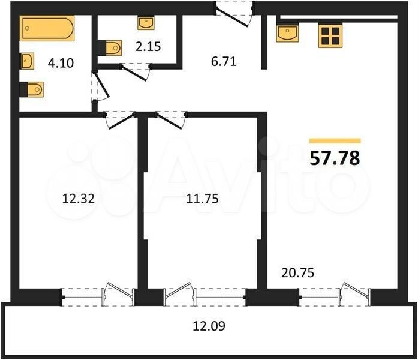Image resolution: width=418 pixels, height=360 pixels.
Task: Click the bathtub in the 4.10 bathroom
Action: pyautogui.click(x=47, y=28)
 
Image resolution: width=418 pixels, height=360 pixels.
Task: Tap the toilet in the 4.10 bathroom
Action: pyautogui.click(x=32, y=89)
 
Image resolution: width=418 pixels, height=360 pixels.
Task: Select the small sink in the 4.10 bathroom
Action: pyautogui.click(x=27, y=61)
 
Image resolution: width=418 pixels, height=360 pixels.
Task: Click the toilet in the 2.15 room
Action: pyautogui.click(x=110, y=48)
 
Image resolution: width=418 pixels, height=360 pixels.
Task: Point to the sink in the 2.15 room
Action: pyautogui.click(x=146, y=23)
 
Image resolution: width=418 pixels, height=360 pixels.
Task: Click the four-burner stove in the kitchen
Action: pyautogui.click(x=330, y=36)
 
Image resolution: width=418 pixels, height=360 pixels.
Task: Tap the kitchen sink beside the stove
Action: pyautogui.click(x=287, y=34)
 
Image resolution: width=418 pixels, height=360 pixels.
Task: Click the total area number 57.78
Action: pyautogui.click(x=335, y=158)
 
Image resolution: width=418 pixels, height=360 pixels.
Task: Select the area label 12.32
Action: pyautogui.click(x=79, y=199)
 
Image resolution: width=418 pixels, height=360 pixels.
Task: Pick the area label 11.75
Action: pyautogui.click(x=202, y=199)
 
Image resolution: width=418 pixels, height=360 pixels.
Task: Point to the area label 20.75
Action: pyautogui.click(x=298, y=273)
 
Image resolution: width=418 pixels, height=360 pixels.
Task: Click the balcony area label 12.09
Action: pyautogui.click(x=209, y=326)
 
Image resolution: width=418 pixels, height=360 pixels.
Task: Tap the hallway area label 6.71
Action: pyautogui.click(x=224, y=62)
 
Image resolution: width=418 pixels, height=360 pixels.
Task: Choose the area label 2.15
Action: pyautogui.click(x=148, y=47)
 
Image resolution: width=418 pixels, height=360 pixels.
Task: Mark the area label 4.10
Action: pyautogui.click(x=61, y=63)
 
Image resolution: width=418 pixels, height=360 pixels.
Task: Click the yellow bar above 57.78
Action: pyautogui.click(x=335, y=141)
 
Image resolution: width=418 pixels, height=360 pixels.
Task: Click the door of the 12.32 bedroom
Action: pyautogui.click(x=120, y=121)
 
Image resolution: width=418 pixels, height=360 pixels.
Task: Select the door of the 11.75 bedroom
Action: pyautogui.click(x=170, y=121)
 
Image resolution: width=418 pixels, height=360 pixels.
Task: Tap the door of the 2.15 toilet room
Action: pyautogui.click(x=135, y=71)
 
